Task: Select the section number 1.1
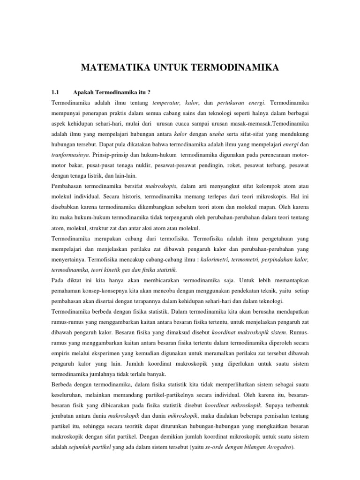pos(57,90)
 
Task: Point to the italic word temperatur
pos(167,102)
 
